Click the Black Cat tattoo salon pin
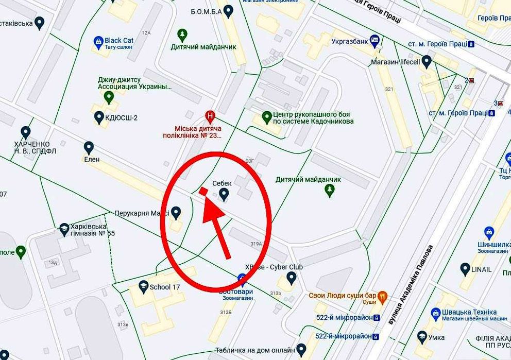point(98,41)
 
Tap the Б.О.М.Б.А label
point(206,11)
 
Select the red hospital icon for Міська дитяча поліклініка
point(210,115)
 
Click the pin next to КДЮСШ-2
point(99,117)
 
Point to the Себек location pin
point(224,194)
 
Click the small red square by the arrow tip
point(203,192)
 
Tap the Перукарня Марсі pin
point(176,212)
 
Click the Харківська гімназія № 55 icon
point(64,228)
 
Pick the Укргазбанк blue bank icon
point(374,39)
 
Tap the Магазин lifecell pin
point(426,62)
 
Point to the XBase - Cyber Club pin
point(291,278)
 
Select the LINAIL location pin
point(465,269)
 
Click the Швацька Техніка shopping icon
point(436,312)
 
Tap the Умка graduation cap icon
point(422,337)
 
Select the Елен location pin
point(89,148)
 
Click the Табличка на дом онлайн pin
point(301,349)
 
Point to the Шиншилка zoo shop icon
point(489,232)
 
